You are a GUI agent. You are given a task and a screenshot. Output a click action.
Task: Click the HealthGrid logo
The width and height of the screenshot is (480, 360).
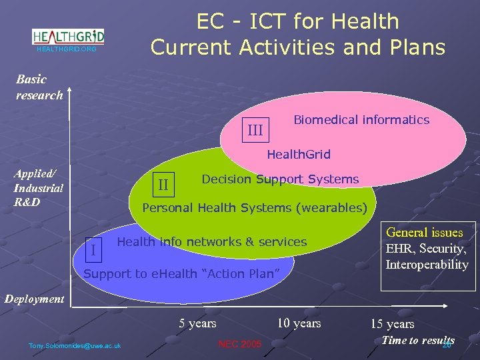[69, 36]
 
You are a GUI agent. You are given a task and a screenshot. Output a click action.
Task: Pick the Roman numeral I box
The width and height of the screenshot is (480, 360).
[93, 249]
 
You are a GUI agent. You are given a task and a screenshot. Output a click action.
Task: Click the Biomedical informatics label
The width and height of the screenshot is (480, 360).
[361, 120]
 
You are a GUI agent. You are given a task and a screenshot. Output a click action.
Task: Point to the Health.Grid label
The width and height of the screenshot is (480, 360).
[298, 155]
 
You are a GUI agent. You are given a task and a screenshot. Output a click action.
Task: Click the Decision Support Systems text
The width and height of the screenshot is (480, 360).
[280, 179]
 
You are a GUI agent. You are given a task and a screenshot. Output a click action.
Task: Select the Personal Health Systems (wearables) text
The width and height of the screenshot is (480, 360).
[255, 208]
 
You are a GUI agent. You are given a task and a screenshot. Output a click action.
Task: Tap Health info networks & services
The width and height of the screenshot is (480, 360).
[211, 242]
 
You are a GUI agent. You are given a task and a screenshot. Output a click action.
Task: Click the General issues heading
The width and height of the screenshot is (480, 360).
[425, 233]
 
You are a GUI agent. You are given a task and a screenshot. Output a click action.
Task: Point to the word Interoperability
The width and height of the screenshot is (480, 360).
[427, 265]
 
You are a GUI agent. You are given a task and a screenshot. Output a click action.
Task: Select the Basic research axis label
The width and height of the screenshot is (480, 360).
[39, 87]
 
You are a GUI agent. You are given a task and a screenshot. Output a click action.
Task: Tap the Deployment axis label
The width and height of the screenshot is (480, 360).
[35, 299]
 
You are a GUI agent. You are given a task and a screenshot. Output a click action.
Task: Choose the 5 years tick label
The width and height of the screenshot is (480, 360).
[197, 323]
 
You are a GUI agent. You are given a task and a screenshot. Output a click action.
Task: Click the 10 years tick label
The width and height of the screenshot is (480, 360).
[299, 323]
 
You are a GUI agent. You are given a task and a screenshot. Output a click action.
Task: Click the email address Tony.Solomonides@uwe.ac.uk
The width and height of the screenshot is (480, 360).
[75, 345]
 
